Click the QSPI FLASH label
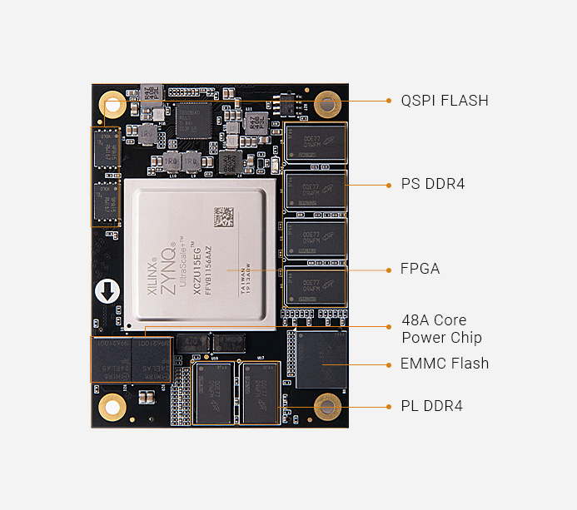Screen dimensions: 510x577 click(445, 101)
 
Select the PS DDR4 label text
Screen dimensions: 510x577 click(433, 183)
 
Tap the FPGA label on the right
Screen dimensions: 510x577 click(420, 269)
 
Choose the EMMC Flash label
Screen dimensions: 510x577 click(445, 364)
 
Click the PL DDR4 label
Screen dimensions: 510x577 click(432, 406)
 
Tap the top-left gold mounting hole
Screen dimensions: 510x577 click(112, 104)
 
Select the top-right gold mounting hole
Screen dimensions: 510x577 click(327, 105)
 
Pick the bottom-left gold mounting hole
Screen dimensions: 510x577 click(112, 407)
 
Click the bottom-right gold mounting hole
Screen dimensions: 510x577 click(327, 407)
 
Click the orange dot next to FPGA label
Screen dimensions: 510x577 click(389, 269)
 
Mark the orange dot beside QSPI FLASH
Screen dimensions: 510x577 click(389, 101)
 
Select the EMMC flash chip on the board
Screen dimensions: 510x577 click(321, 358)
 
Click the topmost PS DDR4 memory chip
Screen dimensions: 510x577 click(315, 141)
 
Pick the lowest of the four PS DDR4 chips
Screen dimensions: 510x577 click(315, 286)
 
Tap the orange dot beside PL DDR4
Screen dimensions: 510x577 click(389, 406)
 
